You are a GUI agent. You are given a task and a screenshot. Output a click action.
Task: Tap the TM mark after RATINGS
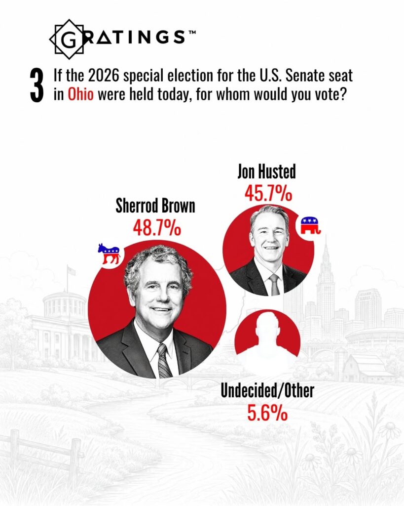point(192,32)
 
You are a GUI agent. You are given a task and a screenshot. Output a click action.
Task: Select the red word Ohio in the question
point(80,94)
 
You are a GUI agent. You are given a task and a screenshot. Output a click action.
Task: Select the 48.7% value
point(157,228)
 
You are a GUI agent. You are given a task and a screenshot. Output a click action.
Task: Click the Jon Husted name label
point(266,171)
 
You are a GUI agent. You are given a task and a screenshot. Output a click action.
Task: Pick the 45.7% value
point(268,194)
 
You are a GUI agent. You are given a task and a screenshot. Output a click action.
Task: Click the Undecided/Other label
point(267,390)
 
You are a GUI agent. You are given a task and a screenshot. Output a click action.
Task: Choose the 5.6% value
point(267,413)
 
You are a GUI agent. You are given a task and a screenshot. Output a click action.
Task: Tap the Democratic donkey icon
point(109,253)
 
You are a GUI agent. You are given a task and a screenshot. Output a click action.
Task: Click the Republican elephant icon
point(310,225)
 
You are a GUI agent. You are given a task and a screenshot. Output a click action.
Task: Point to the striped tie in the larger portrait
point(164,361)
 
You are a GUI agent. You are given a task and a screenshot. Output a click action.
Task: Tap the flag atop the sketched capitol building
point(71,270)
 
